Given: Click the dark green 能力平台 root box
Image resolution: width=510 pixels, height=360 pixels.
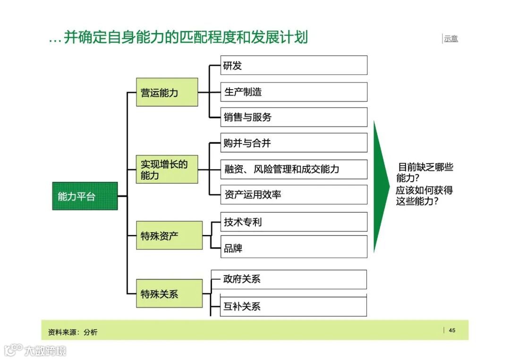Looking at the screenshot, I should point(85,196).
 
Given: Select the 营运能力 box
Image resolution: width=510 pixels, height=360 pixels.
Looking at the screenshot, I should point(167,92).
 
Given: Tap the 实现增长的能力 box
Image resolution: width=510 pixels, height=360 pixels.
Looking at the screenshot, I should point(167,169).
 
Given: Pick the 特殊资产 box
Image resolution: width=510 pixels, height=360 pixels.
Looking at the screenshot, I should point(169,235).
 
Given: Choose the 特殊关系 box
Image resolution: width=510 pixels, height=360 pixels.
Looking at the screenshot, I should point(169,293).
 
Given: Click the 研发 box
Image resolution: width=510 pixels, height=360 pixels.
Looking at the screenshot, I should point(294,66).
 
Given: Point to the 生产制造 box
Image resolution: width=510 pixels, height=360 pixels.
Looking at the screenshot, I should point(294,92).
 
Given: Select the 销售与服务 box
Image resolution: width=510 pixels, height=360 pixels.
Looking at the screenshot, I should point(294,117).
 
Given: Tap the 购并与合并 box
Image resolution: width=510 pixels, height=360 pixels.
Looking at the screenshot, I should point(294,143).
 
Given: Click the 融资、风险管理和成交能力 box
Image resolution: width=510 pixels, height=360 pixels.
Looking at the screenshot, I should point(294,169).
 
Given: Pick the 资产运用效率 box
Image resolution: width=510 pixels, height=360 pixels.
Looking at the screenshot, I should point(294,194).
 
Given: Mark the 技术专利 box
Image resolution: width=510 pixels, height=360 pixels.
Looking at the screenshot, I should point(294,222).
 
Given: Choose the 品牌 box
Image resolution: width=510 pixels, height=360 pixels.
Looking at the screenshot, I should point(294,247).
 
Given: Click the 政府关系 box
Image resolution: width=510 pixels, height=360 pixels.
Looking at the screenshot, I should point(294,279).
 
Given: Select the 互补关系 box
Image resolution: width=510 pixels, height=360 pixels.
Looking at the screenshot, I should point(294,306).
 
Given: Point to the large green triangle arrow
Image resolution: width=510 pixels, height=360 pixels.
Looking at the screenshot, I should point(380,186).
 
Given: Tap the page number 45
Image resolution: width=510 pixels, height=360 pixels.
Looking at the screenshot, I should point(452,330).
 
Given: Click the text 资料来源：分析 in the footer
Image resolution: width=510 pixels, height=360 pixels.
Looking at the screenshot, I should point(73,332).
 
